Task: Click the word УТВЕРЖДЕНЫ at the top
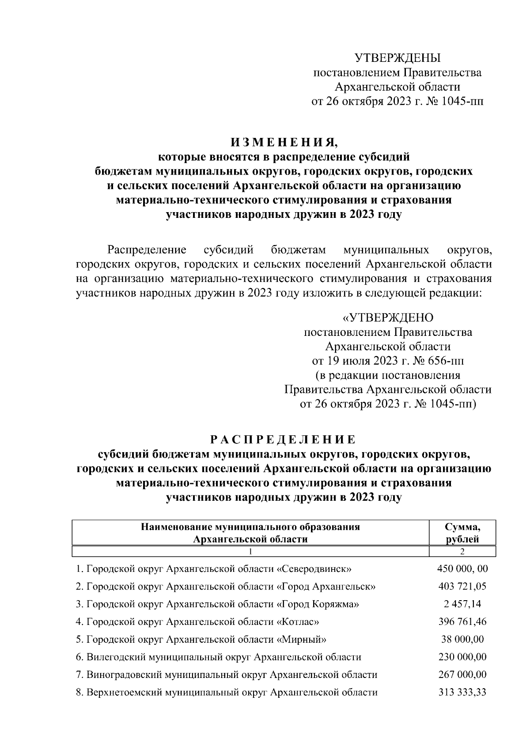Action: [398, 58]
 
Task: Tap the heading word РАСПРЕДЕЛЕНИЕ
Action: [283, 439]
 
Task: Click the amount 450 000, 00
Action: [462, 569]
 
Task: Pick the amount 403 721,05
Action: [462, 586]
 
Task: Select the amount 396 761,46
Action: [462, 622]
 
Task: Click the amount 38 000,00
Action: [462, 640]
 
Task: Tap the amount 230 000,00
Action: [462, 657]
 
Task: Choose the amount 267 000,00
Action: [462, 675]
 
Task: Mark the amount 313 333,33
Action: [462, 693]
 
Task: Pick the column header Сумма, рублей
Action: [462, 533]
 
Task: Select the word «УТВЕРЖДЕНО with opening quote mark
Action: [388, 318]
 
